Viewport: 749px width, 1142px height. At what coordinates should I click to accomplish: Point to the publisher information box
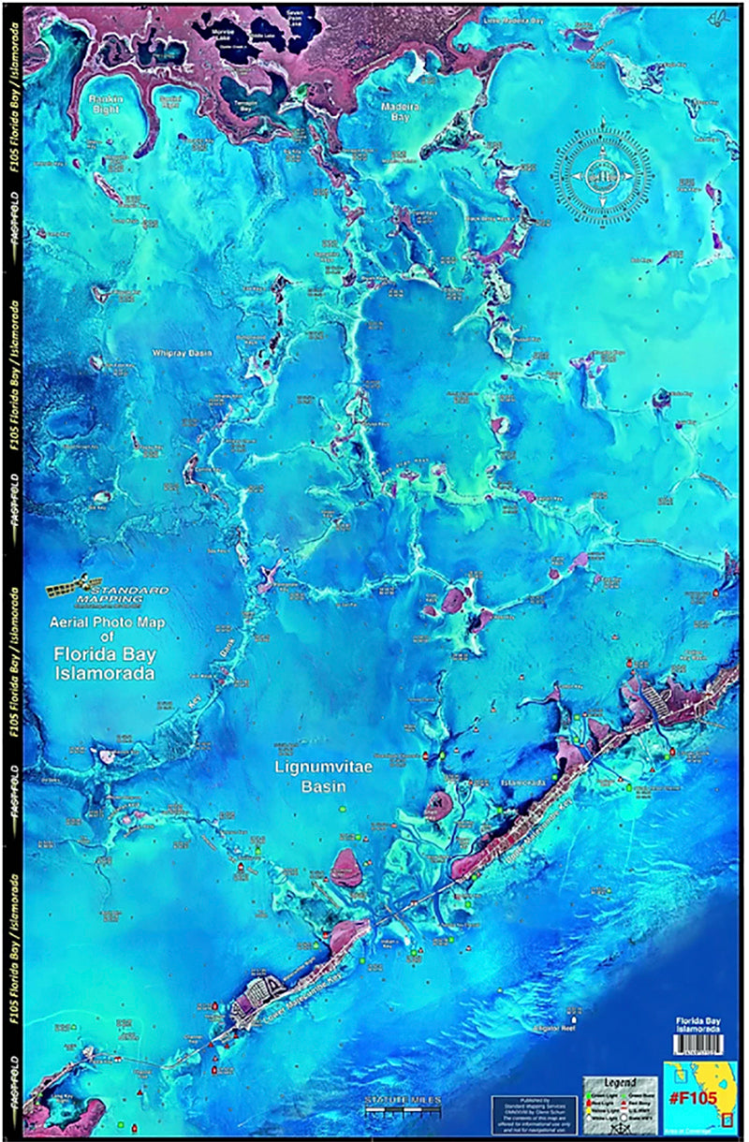pos(533,1112)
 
